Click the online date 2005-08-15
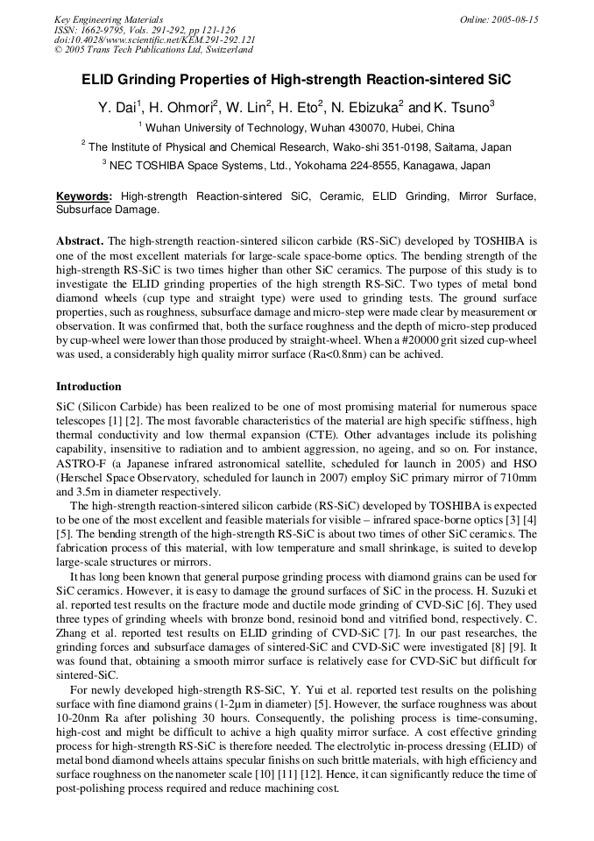pyautogui.click(x=515, y=18)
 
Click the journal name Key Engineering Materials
pyautogui.click(x=109, y=18)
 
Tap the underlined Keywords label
pyautogui.click(x=84, y=197)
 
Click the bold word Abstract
pyautogui.click(x=80, y=240)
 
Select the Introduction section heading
pyautogui.click(x=88, y=386)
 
